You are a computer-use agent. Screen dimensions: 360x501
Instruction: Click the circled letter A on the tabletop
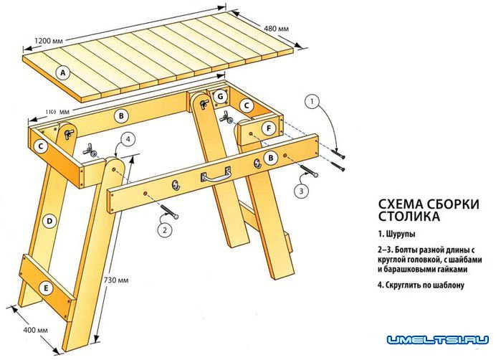[64, 72]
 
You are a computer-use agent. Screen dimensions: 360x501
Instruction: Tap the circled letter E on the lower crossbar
[47, 288]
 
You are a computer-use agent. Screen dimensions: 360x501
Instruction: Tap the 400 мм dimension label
[34, 331]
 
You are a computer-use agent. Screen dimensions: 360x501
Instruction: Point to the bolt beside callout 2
[169, 211]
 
